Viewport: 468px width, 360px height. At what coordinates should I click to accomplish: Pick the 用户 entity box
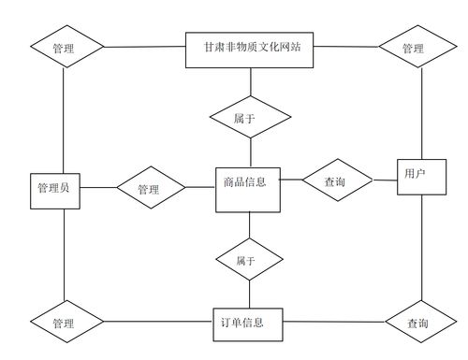pos(416,174)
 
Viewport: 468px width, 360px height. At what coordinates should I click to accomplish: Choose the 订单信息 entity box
pos(247,324)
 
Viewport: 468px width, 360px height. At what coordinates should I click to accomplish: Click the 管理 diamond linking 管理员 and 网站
pos(64,47)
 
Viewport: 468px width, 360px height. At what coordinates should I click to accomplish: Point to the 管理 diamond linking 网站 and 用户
pos(413,48)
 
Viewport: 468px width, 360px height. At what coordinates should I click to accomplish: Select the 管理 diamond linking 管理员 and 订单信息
pos(64,323)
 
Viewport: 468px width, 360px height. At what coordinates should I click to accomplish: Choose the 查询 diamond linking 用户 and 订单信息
pos(418,323)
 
